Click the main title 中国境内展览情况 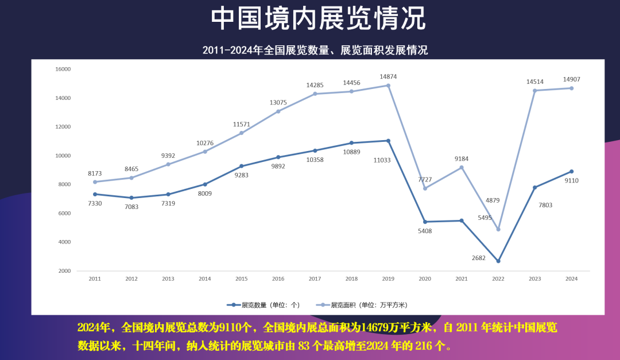pyautogui.click(x=318, y=19)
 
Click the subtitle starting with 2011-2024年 pyautogui.click(x=315, y=51)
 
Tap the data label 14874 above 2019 pyautogui.click(x=388, y=76)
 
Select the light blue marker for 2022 pyautogui.click(x=498, y=229)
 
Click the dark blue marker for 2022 pyautogui.click(x=498, y=261)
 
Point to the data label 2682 pyautogui.click(x=478, y=258)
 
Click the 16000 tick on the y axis pyautogui.click(x=63, y=69)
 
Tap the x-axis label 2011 pyautogui.click(x=95, y=279)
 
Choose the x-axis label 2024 pyautogui.click(x=571, y=279)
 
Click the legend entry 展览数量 pyautogui.click(x=263, y=305)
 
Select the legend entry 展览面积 pyautogui.click(x=363, y=305)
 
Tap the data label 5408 pyautogui.click(x=425, y=231)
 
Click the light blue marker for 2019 pyautogui.click(x=388, y=86)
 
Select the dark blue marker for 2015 pyautogui.click(x=241, y=166)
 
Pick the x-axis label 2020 pyautogui.click(x=425, y=279)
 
